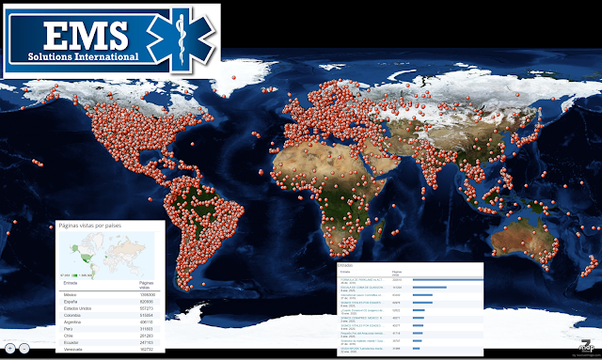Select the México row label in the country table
(71, 295)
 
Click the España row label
(71, 302)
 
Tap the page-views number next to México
(146, 295)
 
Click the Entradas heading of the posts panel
(345, 265)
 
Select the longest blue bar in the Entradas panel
(447, 279)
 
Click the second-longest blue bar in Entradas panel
(429, 288)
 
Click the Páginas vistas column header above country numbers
(146, 284)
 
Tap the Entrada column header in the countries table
(71, 282)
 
